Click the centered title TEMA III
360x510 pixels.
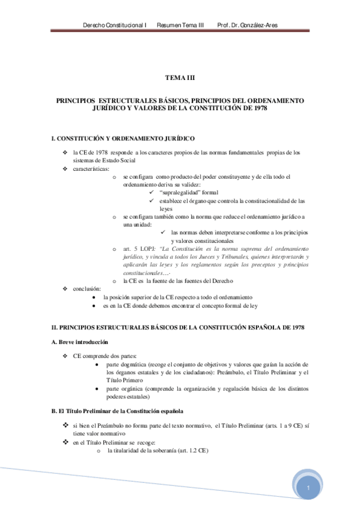point(180,78)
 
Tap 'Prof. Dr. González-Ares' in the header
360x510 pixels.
point(247,25)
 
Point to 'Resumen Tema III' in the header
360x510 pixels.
point(180,25)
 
